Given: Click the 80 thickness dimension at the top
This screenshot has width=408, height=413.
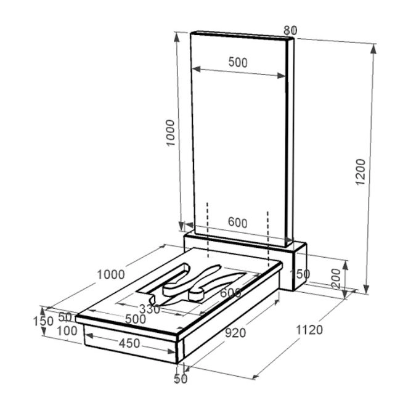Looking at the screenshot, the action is coord(290,31).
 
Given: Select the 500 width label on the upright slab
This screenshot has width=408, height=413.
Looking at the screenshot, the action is coord(238,62).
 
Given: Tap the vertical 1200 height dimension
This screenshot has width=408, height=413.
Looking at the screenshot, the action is coord(361,172).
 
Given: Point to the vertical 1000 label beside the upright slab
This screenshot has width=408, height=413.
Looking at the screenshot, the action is coord(171,133).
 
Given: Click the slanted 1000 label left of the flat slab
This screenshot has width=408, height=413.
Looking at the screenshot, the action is coord(111,275).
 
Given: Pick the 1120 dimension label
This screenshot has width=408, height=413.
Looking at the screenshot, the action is coord(309,330).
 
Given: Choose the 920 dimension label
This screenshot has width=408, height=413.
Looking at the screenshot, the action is coord(235,333).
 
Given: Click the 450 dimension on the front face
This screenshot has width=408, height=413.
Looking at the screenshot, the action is coord(129,343).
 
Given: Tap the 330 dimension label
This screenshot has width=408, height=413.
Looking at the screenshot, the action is coord(149,309).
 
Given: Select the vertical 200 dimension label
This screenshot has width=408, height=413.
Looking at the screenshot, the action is coord(336,279).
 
